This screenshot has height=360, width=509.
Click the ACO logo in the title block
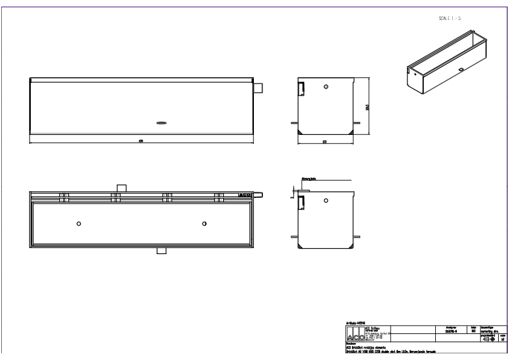(x=356, y=336)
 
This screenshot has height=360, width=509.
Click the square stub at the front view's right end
(x=259, y=88)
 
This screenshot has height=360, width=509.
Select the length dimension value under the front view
(x=141, y=141)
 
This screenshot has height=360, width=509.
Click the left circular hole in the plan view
(x=79, y=224)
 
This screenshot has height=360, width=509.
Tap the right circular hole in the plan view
(x=204, y=224)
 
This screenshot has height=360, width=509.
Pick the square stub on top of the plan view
(x=121, y=188)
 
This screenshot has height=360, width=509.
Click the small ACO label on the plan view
(x=245, y=195)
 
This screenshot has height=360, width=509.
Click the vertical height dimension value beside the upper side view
(x=367, y=107)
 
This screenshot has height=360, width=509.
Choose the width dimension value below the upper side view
(x=325, y=141)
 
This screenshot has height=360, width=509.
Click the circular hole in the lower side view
(x=326, y=199)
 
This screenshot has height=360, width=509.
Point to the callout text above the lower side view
(x=309, y=179)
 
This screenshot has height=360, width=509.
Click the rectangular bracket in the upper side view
(x=300, y=88)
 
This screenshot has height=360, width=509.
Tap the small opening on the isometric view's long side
(x=461, y=70)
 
